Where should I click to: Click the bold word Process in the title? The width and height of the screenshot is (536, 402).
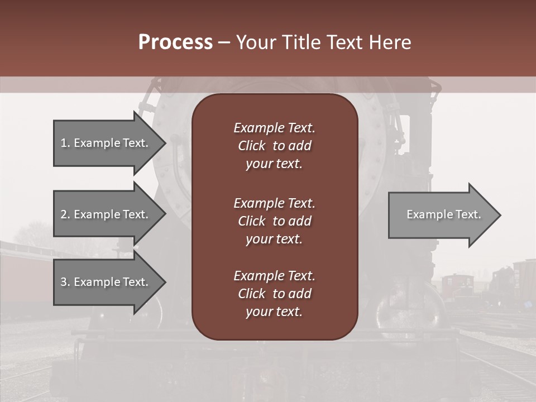tap(175, 42)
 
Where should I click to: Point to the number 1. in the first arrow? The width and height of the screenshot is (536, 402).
tap(65, 143)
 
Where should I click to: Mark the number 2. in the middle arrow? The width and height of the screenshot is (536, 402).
tap(65, 214)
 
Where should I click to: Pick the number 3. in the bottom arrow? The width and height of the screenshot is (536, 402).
tap(65, 282)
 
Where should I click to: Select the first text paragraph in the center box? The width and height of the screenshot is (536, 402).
tap(274, 146)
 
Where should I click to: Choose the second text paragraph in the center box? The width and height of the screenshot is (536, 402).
tap(274, 221)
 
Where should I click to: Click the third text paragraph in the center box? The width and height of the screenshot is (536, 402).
tap(274, 294)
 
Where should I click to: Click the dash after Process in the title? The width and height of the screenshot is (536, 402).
tap(224, 43)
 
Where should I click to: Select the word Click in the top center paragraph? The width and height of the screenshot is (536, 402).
tap(251, 146)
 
